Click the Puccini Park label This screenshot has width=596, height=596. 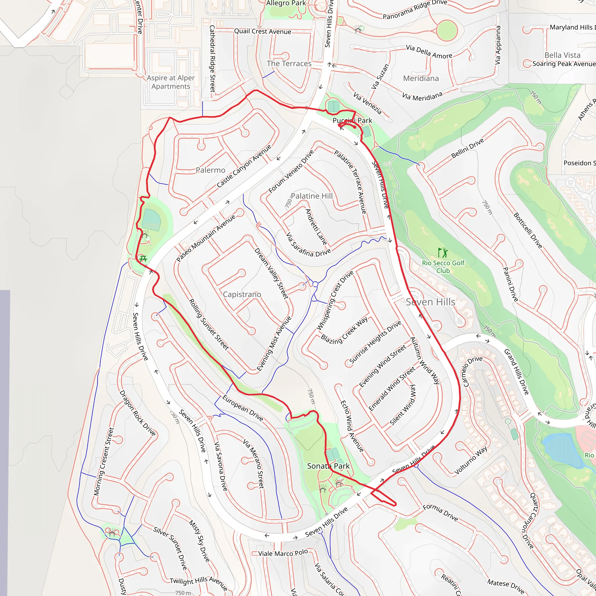click(x=352, y=120)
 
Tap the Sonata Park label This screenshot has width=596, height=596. click(x=328, y=466)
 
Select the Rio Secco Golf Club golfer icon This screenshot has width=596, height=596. click(x=443, y=253)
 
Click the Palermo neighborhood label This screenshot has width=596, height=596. click(x=210, y=170)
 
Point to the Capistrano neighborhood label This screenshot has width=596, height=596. click(x=242, y=295)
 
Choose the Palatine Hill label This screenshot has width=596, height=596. click(x=312, y=196)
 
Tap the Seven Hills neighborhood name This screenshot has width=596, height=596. click(x=430, y=302)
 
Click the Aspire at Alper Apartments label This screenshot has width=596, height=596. click(x=171, y=82)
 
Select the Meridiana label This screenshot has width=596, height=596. click(x=421, y=78)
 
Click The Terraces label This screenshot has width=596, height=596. click(x=289, y=63)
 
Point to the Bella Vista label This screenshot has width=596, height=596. click(x=562, y=55)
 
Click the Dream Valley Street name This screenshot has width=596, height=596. click(x=271, y=273)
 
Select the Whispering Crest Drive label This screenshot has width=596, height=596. click(x=335, y=300)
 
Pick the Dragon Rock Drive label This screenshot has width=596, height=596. click(x=138, y=413)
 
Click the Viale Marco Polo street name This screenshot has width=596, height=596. click(x=283, y=553)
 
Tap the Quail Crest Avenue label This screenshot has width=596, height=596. click(x=262, y=31)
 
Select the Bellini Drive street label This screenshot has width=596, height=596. click(x=468, y=148)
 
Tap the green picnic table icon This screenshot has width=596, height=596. click(x=143, y=258)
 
